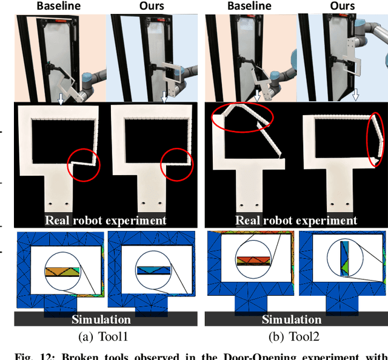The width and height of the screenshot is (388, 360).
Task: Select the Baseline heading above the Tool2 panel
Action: [250, 7]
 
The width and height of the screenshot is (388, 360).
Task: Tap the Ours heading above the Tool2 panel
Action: [343, 7]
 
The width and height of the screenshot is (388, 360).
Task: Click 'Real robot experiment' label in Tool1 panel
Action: [105, 220]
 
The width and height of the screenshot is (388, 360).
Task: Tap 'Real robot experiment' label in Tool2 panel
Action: [296, 220]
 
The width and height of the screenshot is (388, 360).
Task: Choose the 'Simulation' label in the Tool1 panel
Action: [101, 319]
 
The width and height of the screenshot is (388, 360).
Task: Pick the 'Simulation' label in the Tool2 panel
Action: [292, 319]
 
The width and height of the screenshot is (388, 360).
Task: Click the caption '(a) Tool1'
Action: [101, 335]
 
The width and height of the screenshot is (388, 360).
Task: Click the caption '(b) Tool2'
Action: [292, 335]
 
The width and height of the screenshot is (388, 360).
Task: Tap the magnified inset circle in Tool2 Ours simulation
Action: [344, 261]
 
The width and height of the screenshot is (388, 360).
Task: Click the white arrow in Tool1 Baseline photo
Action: [61, 98]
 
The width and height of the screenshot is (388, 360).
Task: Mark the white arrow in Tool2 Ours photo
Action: [356, 95]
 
